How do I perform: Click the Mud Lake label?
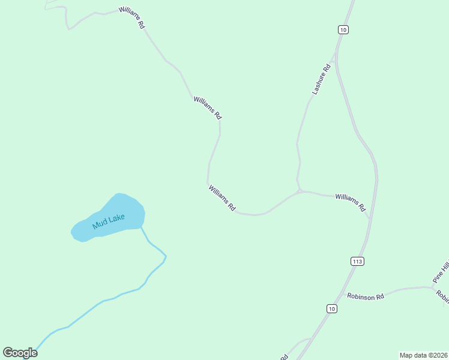[109, 221]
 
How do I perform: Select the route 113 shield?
[357, 261]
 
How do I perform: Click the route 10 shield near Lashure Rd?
[343, 29]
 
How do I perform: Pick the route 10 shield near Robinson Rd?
[332, 308]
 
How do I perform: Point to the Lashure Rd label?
[322, 79]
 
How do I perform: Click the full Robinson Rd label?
[365, 296]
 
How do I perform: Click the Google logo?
[20, 353]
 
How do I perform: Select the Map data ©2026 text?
[423, 355]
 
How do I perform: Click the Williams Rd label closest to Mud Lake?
[222, 198]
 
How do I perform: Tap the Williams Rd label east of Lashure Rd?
[351, 202]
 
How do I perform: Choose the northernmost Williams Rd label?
[132, 19]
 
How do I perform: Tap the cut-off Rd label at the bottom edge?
[283, 357]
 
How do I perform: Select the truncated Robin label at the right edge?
[442, 296]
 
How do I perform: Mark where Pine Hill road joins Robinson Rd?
[433, 287]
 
